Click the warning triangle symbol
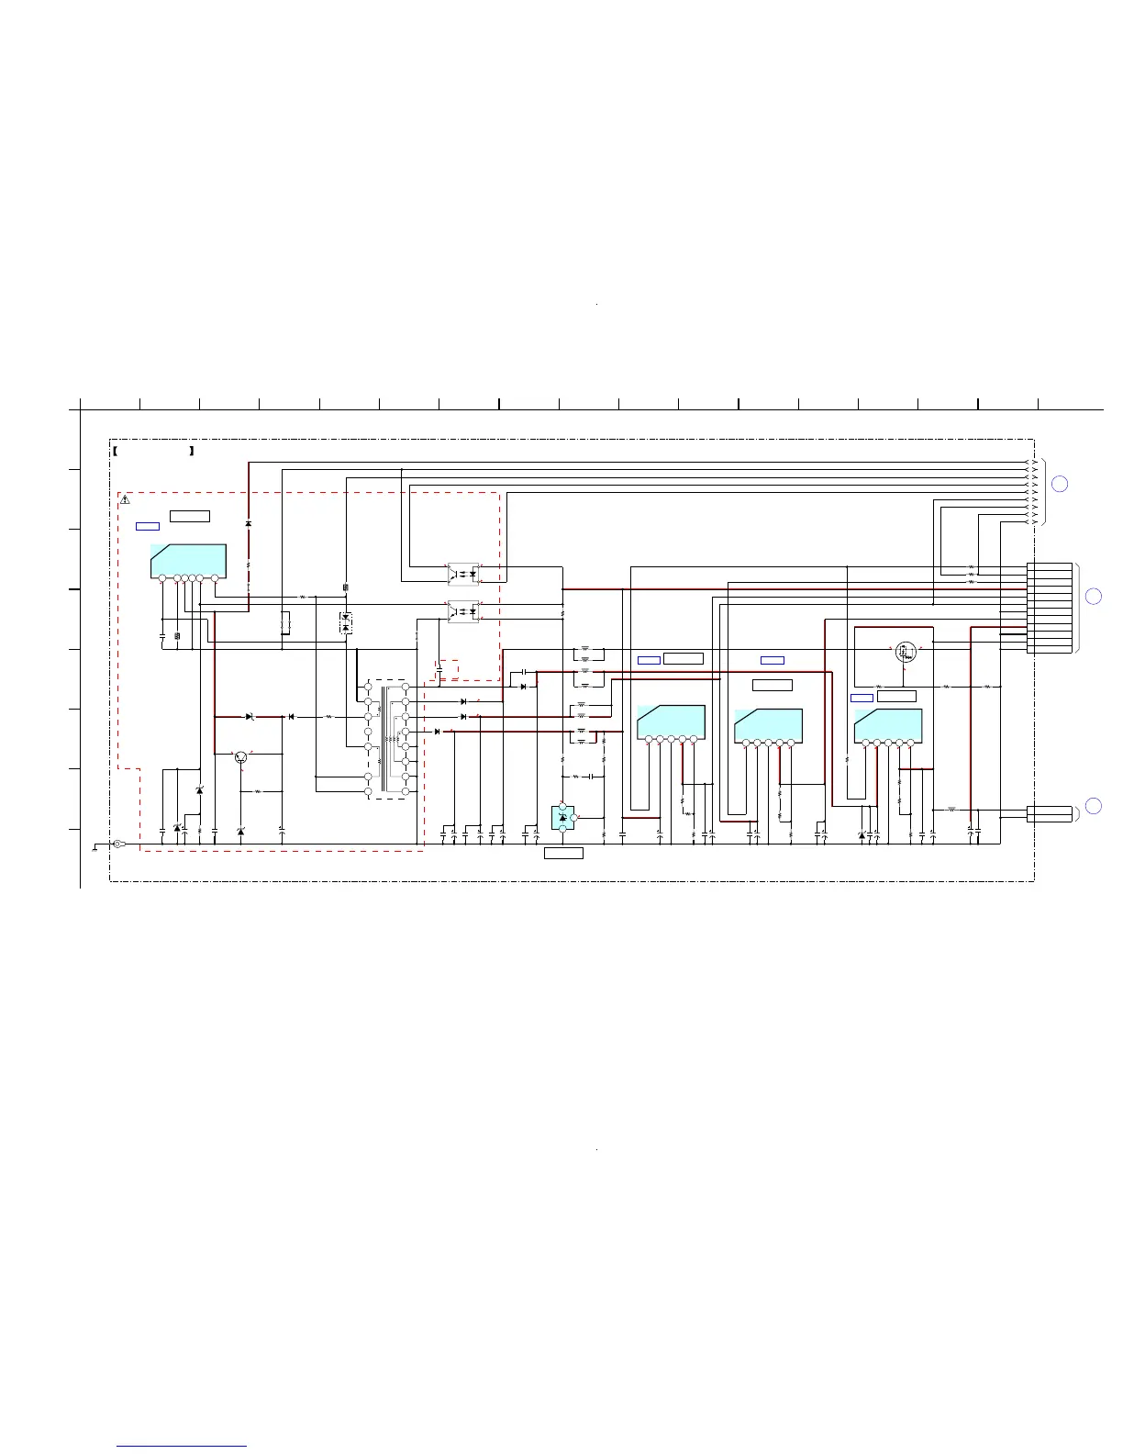point(126,500)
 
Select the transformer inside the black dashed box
point(387,739)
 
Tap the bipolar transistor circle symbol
point(241,756)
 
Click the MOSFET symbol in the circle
point(906,652)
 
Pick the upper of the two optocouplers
point(462,574)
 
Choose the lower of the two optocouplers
point(462,611)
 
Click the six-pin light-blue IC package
point(188,561)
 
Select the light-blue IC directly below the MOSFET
point(887,726)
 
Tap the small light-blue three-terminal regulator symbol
point(563,817)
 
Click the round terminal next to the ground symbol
point(117,844)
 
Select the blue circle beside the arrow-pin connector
point(1059,484)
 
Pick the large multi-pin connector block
point(1049,608)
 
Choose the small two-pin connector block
point(1049,813)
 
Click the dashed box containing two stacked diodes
point(345,621)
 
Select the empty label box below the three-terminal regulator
point(563,854)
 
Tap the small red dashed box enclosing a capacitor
point(448,670)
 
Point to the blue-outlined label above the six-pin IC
point(148,526)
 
